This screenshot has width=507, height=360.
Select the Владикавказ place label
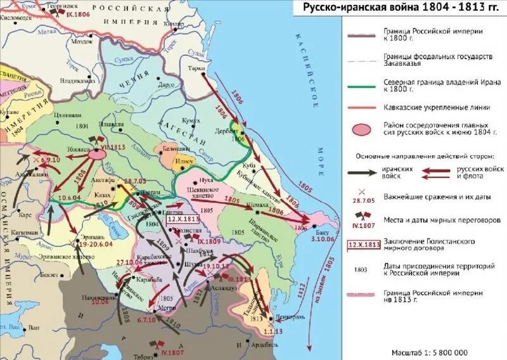(x=78, y=80)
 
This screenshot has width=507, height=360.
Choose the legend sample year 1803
(x=361, y=269)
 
